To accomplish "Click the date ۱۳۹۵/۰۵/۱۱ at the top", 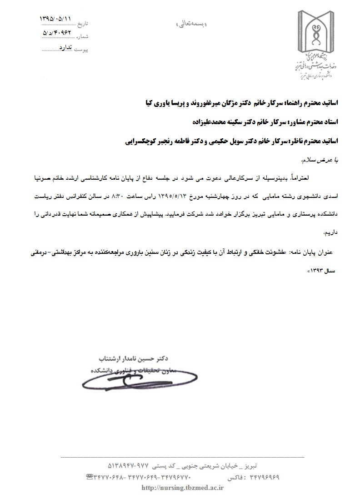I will pos(56,20).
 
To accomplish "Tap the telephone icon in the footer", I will pos(90,477).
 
